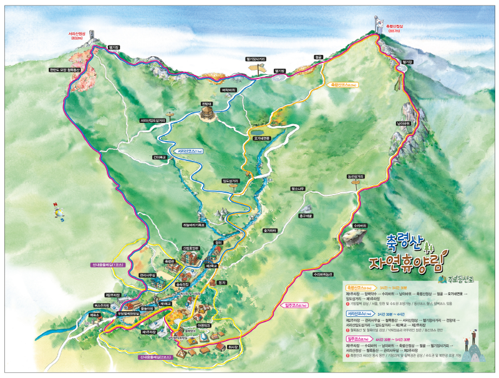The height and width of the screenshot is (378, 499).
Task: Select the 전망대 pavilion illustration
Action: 206,112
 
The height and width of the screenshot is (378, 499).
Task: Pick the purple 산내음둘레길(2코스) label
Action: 156,357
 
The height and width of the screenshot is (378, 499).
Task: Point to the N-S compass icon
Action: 59,212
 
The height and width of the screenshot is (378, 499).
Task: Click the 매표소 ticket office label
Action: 94,316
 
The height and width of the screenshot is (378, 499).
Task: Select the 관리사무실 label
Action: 148,275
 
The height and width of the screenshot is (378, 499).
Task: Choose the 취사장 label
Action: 233,346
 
